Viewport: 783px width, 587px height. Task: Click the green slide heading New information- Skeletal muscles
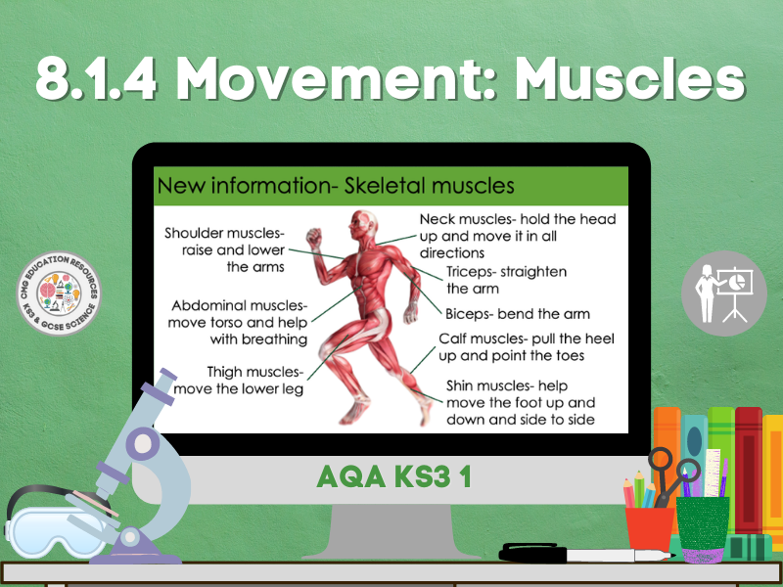click(x=336, y=185)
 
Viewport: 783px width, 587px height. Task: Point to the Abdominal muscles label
click(x=239, y=322)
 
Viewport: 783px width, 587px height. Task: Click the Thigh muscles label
click(x=254, y=381)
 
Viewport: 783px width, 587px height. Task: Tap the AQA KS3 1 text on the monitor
click(x=391, y=476)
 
